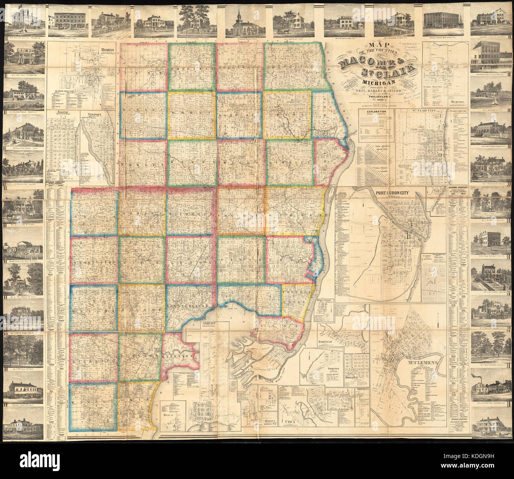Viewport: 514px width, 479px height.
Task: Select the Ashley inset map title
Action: (210, 324)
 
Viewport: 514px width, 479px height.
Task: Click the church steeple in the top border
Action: (238, 14)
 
